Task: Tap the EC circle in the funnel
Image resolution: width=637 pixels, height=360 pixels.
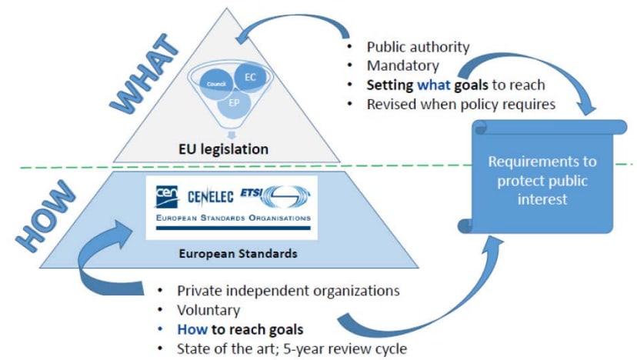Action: (249, 78)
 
